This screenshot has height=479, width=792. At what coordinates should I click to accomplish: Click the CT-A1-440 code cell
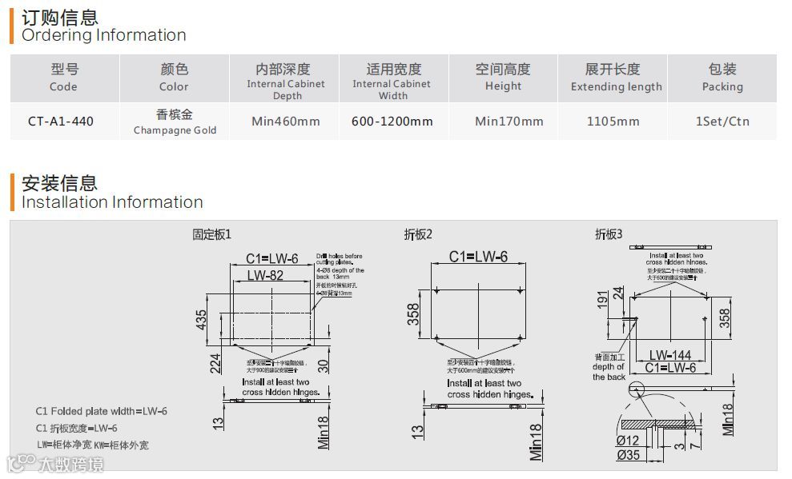(61, 122)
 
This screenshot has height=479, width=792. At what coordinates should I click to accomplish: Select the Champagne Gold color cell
(175, 122)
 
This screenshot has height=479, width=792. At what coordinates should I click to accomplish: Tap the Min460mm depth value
(286, 122)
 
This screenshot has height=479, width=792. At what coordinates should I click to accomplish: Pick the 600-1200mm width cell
(392, 122)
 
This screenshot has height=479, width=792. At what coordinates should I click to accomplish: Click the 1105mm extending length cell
(614, 122)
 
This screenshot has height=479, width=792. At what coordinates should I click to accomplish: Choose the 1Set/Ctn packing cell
(722, 122)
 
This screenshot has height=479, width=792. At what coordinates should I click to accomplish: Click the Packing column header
(722, 78)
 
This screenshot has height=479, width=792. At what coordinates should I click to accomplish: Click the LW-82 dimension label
(266, 276)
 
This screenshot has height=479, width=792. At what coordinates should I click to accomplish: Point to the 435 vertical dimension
(202, 320)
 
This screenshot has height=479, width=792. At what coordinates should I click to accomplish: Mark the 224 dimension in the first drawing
(215, 363)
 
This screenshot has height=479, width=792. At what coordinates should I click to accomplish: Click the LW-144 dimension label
(670, 354)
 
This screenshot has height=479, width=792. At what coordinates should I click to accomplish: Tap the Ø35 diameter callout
(628, 455)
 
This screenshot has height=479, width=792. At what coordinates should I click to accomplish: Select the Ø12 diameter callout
(628, 441)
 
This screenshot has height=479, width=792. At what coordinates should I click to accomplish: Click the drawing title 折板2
(418, 234)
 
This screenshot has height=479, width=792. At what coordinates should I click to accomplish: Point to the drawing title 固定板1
(211, 234)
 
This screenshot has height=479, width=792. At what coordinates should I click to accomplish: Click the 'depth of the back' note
(609, 367)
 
